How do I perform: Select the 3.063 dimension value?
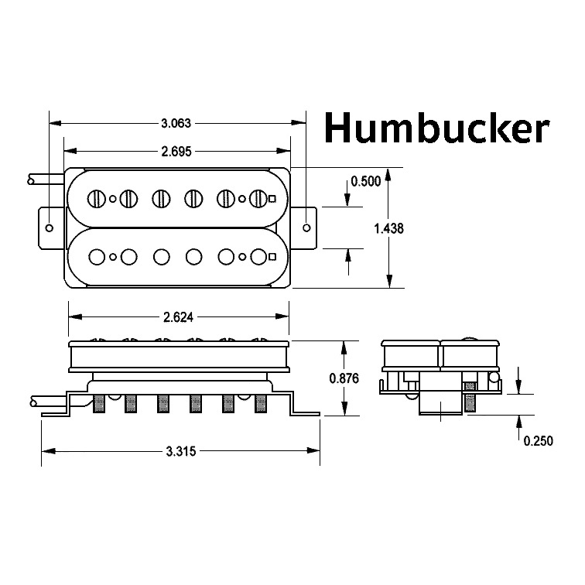click(x=176, y=122)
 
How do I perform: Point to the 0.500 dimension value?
click(x=365, y=181)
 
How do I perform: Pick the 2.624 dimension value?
click(x=179, y=316)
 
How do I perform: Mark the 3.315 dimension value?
click(x=181, y=450)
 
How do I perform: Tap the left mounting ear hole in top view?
click(x=50, y=227)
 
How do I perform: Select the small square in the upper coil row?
click(x=272, y=199)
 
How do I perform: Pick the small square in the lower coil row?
click(x=272, y=255)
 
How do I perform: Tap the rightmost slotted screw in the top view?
click(x=258, y=199)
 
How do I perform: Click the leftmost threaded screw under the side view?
click(x=98, y=404)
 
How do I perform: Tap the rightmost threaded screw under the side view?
click(x=260, y=404)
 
